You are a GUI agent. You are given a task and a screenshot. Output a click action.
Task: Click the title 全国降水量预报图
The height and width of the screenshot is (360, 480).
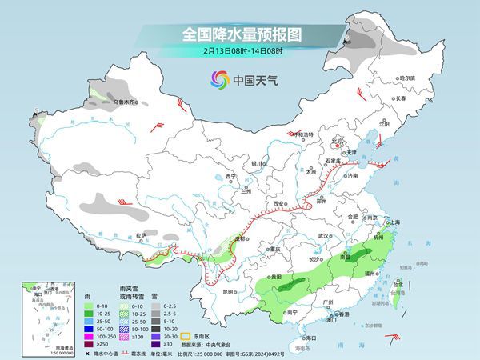click(239, 34)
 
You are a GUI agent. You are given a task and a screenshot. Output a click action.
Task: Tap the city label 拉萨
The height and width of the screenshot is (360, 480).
click(141, 235)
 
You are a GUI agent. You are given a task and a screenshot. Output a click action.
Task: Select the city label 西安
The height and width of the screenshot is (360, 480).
click(279, 204)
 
